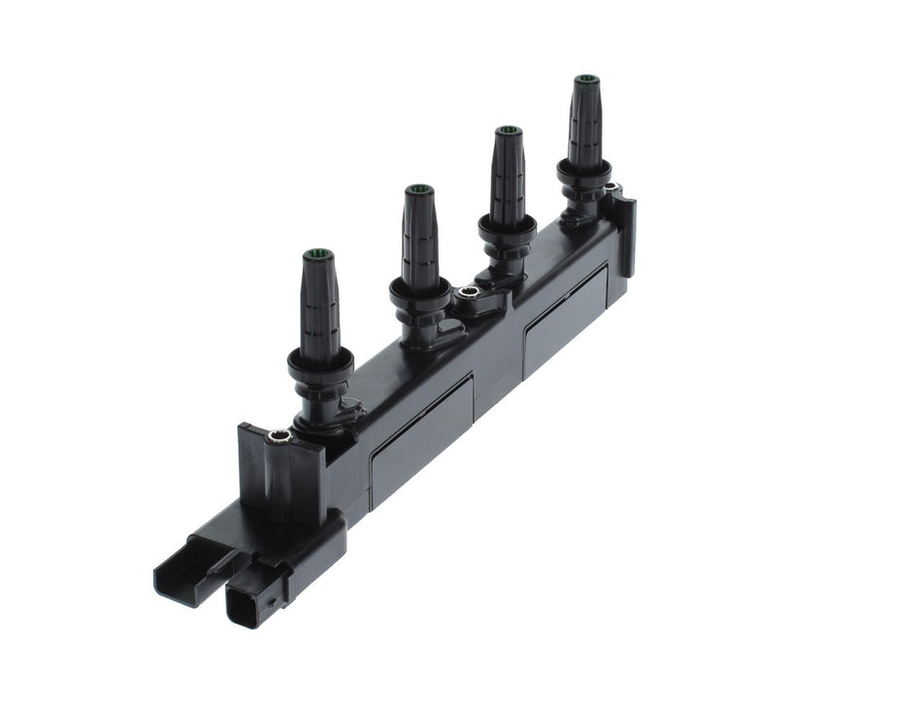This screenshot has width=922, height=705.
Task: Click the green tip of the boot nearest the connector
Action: pos(317,255)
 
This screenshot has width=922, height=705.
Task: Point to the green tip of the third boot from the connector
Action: pos(508,131)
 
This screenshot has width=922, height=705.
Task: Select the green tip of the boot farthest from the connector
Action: pos(585,79)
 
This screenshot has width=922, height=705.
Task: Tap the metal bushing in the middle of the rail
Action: pos(469,292)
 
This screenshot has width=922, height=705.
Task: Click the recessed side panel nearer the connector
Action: pos(419,436)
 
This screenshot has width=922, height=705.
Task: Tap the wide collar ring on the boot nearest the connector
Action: pos(320,367)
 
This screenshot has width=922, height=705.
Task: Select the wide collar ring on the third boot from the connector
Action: pos(508,228)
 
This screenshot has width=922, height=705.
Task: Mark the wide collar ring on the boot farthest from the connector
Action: pos(584,172)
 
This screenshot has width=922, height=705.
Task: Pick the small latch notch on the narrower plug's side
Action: pos(273,599)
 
